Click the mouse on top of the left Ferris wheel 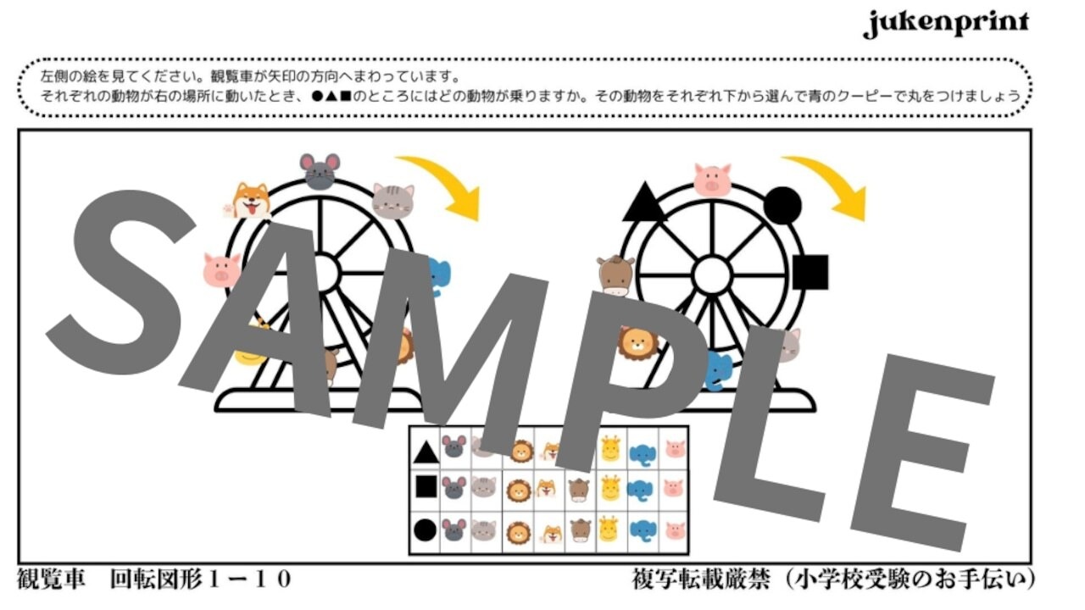(320, 171)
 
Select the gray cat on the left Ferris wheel (393, 201)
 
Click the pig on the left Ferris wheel (222, 269)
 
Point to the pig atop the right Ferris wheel (712, 180)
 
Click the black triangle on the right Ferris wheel (643, 204)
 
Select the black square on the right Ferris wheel (810, 272)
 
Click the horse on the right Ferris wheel (615, 275)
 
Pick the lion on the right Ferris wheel (637, 342)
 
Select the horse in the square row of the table (579, 489)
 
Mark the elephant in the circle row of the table (643, 530)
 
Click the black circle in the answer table (426, 530)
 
